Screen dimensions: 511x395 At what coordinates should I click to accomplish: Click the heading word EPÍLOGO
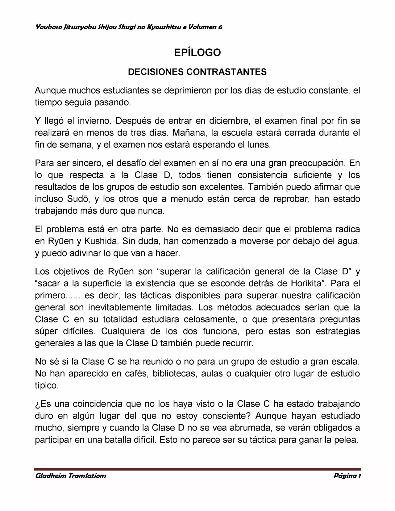197,52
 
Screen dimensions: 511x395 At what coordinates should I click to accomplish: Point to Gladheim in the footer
50,476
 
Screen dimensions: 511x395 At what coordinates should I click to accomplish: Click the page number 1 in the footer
360,476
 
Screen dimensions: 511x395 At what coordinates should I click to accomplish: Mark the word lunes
259,145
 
